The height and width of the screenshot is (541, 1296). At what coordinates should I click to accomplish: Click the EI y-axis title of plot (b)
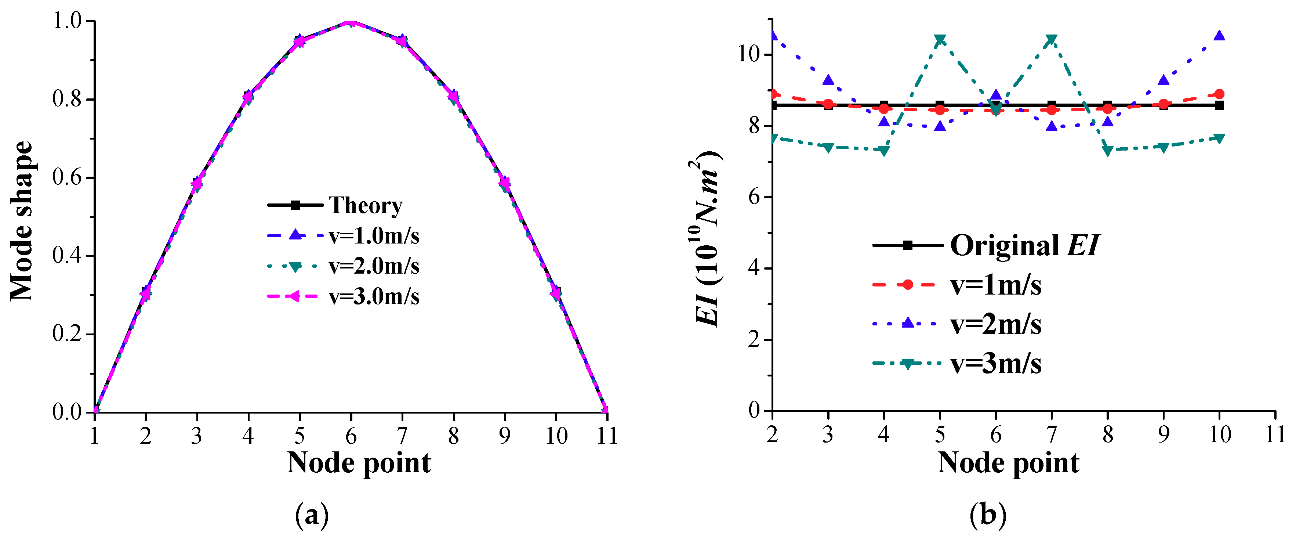click(x=707, y=239)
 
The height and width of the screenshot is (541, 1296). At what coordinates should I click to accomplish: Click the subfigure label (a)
click(x=312, y=515)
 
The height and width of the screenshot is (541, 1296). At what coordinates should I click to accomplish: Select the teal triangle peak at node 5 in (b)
click(x=940, y=39)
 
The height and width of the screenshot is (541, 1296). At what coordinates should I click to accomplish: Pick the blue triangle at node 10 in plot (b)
click(x=1219, y=36)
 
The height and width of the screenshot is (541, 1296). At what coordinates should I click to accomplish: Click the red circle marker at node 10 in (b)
click(x=1219, y=94)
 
